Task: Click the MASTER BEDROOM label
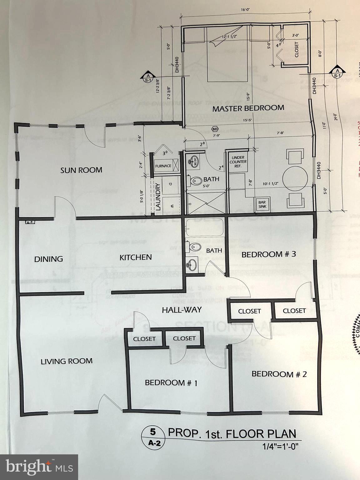click(x=252, y=108)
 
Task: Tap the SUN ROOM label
click(x=81, y=170)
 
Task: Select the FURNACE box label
click(x=163, y=166)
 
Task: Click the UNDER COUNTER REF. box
click(x=238, y=162)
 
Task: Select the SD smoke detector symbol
click(x=215, y=129)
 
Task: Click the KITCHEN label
click(x=136, y=257)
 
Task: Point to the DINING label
click(x=48, y=259)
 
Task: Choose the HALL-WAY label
click(x=182, y=310)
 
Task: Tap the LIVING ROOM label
click(x=67, y=361)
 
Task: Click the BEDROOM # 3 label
click(x=268, y=254)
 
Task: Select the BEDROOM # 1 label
click(x=171, y=382)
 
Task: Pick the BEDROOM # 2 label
click(x=279, y=373)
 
